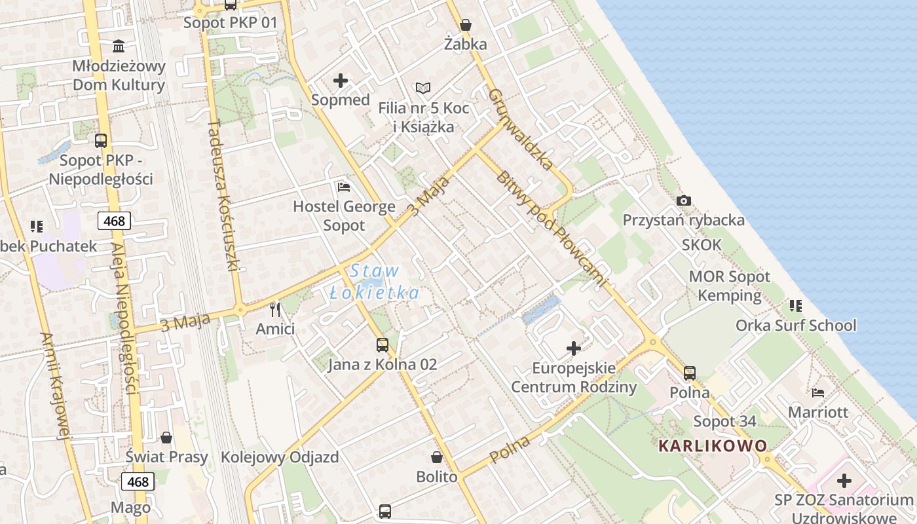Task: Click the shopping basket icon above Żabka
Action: coord(465,25)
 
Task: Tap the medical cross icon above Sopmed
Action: coord(341,81)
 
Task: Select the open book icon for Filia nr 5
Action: coord(423,88)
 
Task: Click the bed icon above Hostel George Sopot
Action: coord(344,187)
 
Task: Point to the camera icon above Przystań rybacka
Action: coord(683,200)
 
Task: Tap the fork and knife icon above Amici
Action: coord(275,309)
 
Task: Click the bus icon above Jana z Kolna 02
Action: coord(383,345)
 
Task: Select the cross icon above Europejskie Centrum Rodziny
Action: coord(574,348)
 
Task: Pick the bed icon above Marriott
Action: coord(818,393)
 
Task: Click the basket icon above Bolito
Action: coord(437,457)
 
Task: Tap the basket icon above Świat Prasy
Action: coord(166,437)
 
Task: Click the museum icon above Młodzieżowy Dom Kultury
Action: coord(119,46)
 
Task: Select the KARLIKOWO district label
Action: coord(713,446)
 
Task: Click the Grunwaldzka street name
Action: coord(521,129)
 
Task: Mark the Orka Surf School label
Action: coord(796,326)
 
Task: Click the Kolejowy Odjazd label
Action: coord(280,457)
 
